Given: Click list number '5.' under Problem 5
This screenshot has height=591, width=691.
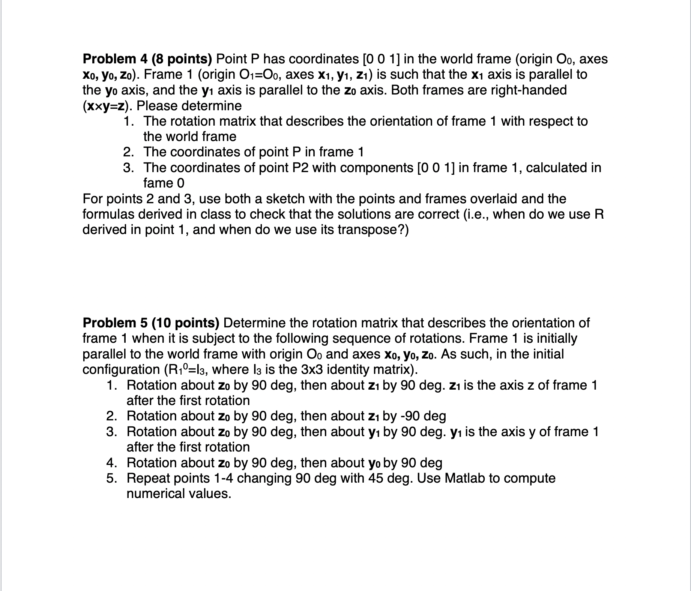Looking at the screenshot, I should click(112, 478).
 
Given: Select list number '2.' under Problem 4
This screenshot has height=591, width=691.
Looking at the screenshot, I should click(129, 152).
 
